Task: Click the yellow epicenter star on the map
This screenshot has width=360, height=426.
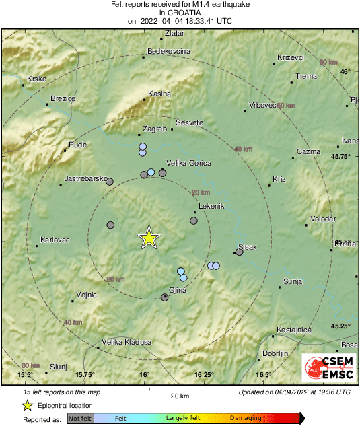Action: pos(149,238)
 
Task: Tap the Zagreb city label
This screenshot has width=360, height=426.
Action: pos(155,129)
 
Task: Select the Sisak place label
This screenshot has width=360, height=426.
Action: pos(248,248)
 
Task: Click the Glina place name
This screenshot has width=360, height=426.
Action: pos(177,289)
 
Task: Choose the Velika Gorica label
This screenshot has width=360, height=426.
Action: pos(189,163)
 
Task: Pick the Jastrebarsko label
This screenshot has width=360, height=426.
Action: pos(87,179)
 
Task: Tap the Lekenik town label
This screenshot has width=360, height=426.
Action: pos(211,207)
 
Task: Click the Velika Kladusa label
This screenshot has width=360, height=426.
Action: pos(126,343)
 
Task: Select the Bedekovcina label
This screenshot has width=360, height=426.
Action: pos(169,51)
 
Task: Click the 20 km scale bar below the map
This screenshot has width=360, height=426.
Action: pos(180,388)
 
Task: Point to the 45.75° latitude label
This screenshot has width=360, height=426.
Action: pos(341,156)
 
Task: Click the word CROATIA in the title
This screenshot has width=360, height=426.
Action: pos(180,12)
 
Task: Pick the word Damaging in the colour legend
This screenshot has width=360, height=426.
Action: pos(246,418)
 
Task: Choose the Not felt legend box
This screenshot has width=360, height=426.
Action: pos(80,418)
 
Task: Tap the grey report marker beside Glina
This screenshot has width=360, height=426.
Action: pos(165,297)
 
